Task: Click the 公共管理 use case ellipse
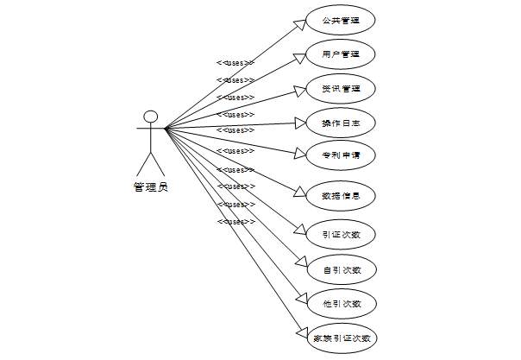pyautogui.click(x=341, y=21)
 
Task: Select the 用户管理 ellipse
pyautogui.click(x=341, y=54)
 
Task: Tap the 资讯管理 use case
pyautogui.click(x=341, y=88)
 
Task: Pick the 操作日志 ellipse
pyautogui.click(x=341, y=123)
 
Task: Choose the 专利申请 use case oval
pyautogui.click(x=341, y=157)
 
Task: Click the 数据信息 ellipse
pyautogui.click(x=341, y=196)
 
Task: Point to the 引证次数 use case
pyautogui.click(x=341, y=233)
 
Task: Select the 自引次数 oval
pyautogui.click(x=341, y=269)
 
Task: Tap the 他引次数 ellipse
pyautogui.click(x=341, y=303)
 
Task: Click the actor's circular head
pyautogui.click(x=151, y=117)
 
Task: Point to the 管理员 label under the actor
pyautogui.click(x=151, y=186)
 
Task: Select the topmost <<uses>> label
pyautogui.click(x=235, y=63)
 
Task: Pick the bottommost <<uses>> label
pyautogui.click(x=235, y=222)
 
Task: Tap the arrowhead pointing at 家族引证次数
pyautogui.click(x=302, y=332)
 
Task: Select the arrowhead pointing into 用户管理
pyautogui.click(x=303, y=56)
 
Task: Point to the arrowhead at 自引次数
pyautogui.click(x=303, y=264)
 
